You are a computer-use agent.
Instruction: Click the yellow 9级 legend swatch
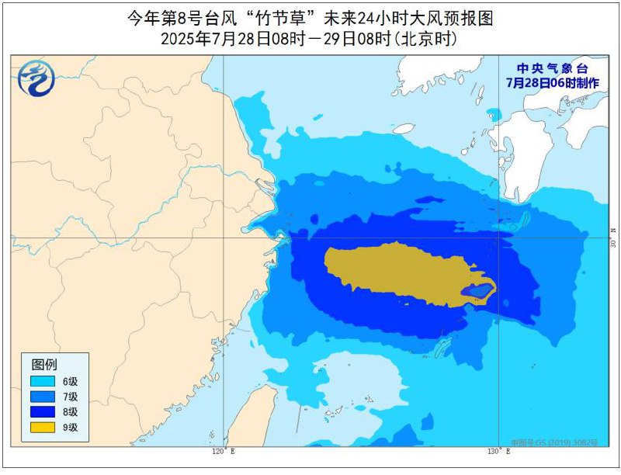point(43,426)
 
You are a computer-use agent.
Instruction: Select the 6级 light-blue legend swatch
point(43,381)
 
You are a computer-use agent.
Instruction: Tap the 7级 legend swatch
point(43,397)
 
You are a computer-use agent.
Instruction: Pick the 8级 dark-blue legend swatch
point(43,411)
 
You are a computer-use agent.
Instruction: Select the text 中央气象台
point(553,68)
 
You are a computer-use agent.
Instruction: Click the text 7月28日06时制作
point(553,81)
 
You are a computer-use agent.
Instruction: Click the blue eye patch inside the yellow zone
point(477,293)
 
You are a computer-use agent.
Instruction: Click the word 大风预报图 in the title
point(454,18)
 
